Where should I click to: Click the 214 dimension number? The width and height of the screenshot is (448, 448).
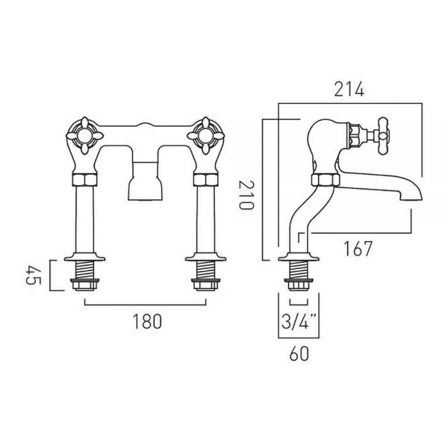point(349,90)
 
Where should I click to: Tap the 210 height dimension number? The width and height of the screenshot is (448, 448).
point(246,195)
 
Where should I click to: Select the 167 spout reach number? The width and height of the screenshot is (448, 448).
point(358,249)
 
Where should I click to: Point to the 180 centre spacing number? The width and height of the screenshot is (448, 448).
point(147,321)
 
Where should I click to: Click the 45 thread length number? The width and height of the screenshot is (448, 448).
point(34,276)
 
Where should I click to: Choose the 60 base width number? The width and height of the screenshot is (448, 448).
point(299,354)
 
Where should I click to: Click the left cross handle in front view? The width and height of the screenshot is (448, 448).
point(84,136)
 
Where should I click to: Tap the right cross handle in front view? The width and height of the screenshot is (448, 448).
point(206,136)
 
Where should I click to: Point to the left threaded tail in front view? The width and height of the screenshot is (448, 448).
point(84,270)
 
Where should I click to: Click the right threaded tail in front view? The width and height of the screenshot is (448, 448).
point(206,270)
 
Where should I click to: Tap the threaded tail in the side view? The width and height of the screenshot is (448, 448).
point(299,270)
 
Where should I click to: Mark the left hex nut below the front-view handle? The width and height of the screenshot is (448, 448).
point(84,180)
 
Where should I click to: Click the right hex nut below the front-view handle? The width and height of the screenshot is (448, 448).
point(206,180)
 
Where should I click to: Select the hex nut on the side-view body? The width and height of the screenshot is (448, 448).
point(326,180)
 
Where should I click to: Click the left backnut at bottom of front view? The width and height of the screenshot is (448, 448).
point(84,285)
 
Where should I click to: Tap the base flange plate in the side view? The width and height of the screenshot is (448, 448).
point(299,257)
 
